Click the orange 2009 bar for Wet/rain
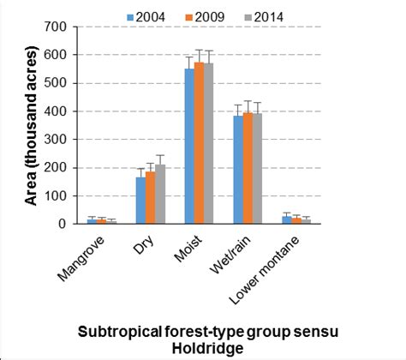(x=248, y=168)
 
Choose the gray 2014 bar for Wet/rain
(x=258, y=169)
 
